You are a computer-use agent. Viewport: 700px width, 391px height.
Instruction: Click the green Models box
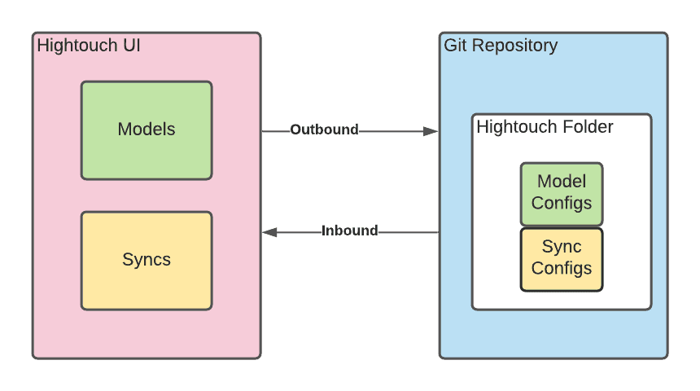pyautogui.click(x=147, y=155)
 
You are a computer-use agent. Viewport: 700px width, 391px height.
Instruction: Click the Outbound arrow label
pyautogui.click(x=324, y=130)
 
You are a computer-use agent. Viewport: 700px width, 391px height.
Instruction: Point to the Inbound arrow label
pyautogui.click(x=349, y=231)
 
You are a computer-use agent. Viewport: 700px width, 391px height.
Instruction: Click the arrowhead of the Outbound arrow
pyautogui.click(x=431, y=130)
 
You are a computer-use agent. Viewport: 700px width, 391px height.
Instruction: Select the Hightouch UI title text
pyautogui.click(x=89, y=46)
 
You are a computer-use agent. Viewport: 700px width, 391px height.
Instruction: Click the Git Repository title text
pyautogui.click(x=501, y=46)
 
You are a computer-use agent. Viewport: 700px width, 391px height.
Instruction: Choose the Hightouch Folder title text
pyautogui.click(x=545, y=127)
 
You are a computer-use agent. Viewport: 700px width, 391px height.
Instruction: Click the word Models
pyautogui.click(x=147, y=129)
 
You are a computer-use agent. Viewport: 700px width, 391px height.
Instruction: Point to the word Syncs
pyautogui.click(x=147, y=260)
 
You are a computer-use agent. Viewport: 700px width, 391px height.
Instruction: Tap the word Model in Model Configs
pyautogui.click(x=562, y=181)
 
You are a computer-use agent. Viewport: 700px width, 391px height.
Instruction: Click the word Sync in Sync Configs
pyautogui.click(x=562, y=246)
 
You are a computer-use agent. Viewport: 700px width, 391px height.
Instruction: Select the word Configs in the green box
pyautogui.click(x=562, y=203)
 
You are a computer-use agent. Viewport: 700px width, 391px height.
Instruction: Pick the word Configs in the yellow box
pyautogui.click(x=562, y=269)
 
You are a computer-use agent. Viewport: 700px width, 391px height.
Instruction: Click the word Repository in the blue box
pyautogui.click(x=516, y=46)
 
